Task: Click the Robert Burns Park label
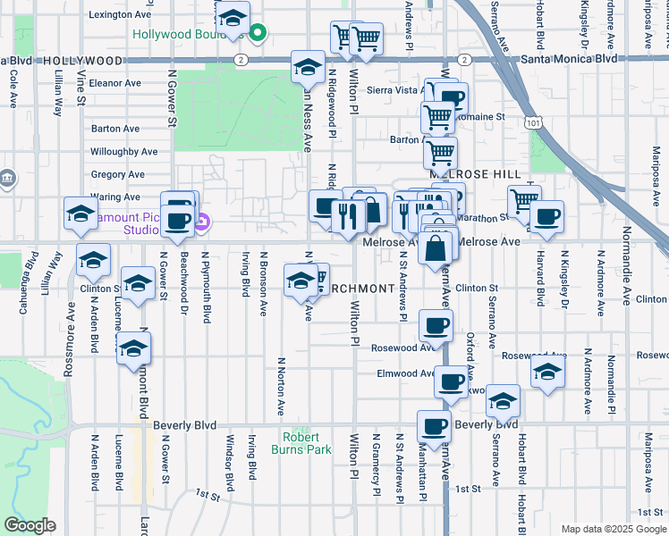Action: point(307,443)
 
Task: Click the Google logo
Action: point(30,525)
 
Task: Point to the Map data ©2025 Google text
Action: point(613,529)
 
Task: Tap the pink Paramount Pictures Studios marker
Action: point(203,222)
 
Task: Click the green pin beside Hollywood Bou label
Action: point(258,35)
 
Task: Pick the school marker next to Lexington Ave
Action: point(232,19)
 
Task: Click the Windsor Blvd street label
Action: point(229,465)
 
